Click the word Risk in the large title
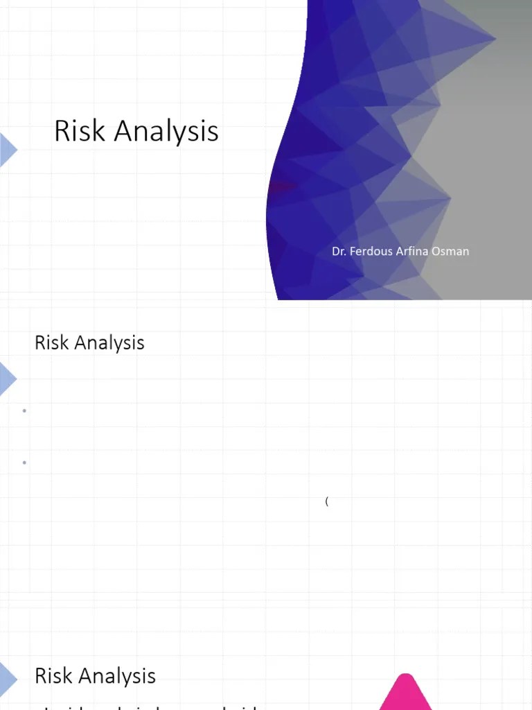77,131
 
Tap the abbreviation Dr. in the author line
339,251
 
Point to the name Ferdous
371,251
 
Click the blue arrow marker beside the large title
8,150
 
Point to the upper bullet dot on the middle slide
24,411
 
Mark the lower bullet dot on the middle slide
24,462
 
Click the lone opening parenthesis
326,501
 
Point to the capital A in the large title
124,131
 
